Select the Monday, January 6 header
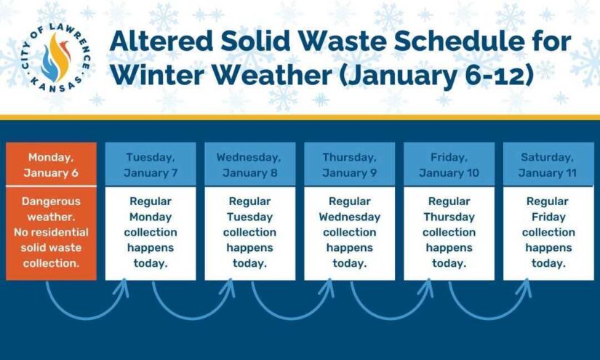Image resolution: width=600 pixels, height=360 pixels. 51,165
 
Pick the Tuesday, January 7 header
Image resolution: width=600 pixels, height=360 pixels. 151,165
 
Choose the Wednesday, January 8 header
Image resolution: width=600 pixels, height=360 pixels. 249,165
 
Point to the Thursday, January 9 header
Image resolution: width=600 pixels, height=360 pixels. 349,165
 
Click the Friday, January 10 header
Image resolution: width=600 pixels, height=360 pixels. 449,165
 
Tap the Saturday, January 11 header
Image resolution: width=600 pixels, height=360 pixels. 548,165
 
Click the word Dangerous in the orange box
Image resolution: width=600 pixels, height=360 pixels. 51,201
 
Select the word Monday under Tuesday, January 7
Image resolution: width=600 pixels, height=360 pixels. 151,217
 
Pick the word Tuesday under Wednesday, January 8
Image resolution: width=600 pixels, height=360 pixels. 250,217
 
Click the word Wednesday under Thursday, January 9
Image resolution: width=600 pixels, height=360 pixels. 350,217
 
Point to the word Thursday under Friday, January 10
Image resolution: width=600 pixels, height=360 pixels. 449,217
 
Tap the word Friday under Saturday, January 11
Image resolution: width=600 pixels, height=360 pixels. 548,217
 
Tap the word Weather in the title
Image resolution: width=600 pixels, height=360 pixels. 272,75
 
